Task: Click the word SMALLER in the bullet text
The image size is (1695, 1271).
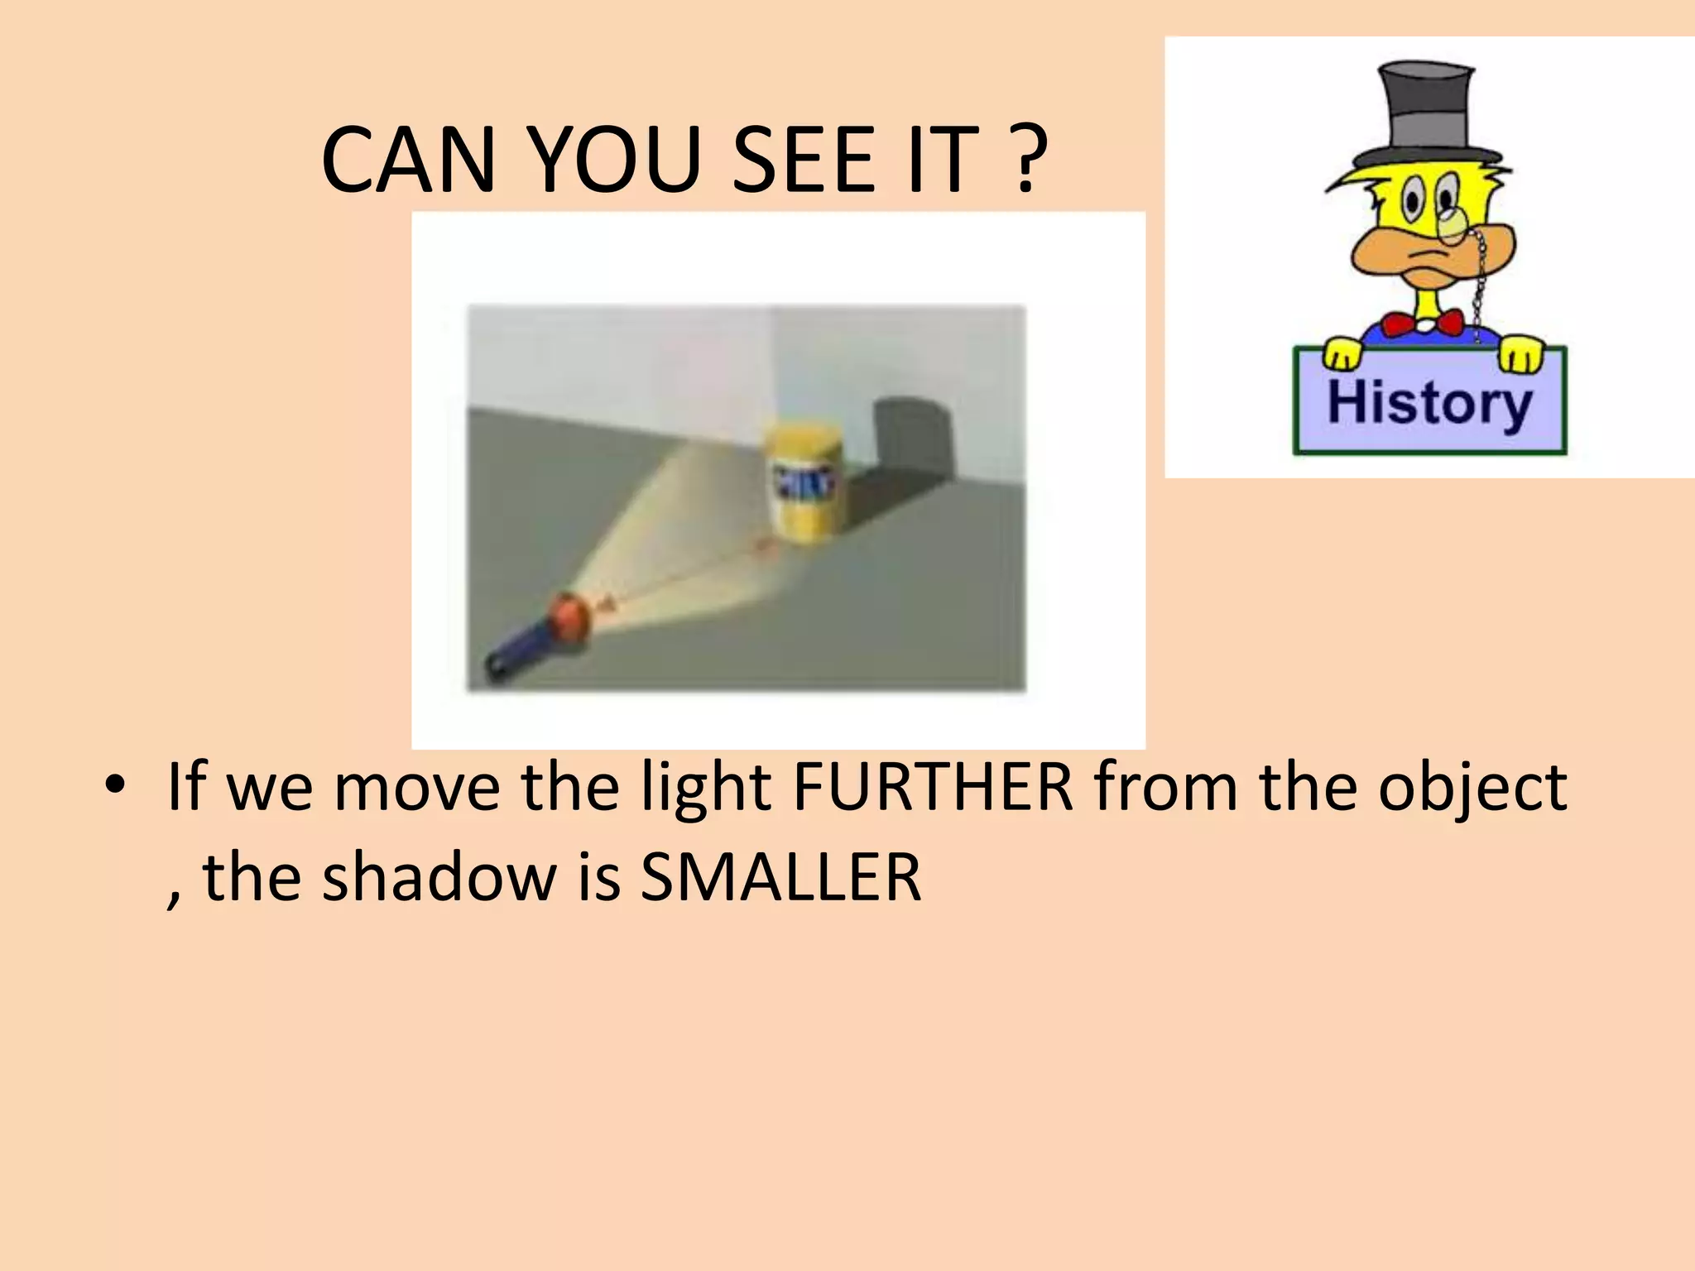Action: point(780,877)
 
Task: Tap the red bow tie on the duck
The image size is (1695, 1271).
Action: point(1423,323)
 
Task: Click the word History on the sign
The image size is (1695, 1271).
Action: point(1429,403)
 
